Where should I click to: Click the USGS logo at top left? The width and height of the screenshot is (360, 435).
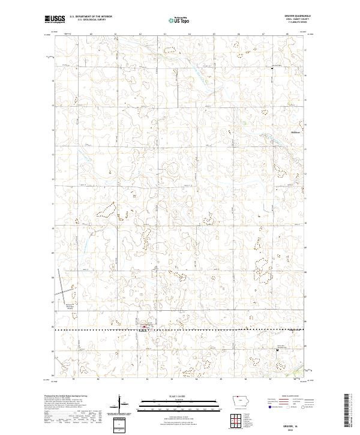tap(55, 19)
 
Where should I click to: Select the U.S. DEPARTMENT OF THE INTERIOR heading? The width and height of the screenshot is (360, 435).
tap(91, 17)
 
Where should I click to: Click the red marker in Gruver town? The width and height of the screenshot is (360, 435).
tap(142, 328)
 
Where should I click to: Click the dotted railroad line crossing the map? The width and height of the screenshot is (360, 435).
tap(180, 329)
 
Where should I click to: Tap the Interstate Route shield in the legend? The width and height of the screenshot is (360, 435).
tap(266, 406)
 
